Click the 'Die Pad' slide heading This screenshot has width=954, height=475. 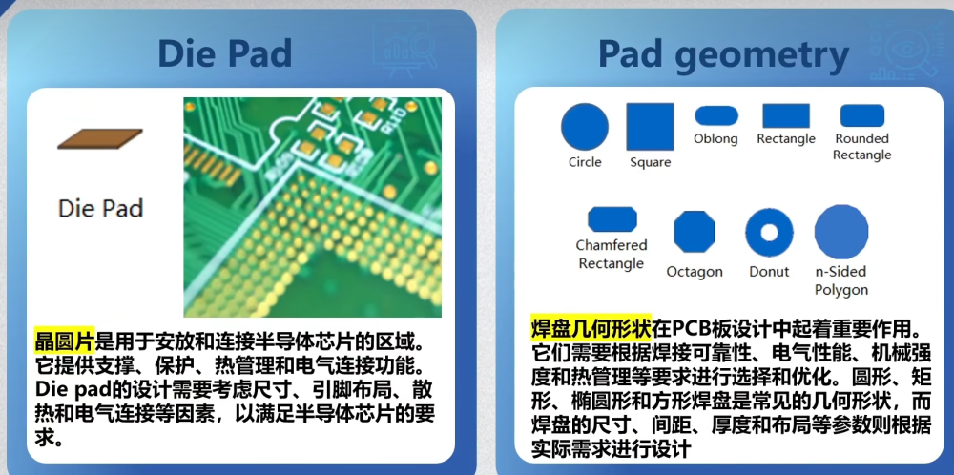tap(224, 53)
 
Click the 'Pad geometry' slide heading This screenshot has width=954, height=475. tap(723, 55)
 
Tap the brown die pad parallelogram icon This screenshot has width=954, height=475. tap(100, 138)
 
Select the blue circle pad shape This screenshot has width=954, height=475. tap(584, 127)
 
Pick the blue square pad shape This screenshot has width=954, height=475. tap(651, 127)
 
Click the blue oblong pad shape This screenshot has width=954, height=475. tap(716, 115)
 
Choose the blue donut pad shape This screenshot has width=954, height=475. tap(769, 233)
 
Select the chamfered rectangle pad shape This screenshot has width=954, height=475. tap(612, 219)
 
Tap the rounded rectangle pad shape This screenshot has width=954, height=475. tap(862, 115)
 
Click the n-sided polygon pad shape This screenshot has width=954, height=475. tap(840, 231)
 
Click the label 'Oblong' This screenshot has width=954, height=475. tap(715, 138)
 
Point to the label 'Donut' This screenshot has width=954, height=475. tap(769, 272)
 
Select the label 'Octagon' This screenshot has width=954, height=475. tap(695, 272)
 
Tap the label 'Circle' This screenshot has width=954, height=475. tap(585, 162)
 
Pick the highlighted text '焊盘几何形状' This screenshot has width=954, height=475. tap(591, 328)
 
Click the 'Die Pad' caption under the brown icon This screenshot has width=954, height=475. tap(100, 209)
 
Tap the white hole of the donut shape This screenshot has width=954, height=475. tap(769, 233)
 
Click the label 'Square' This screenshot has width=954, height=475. tap(651, 162)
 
